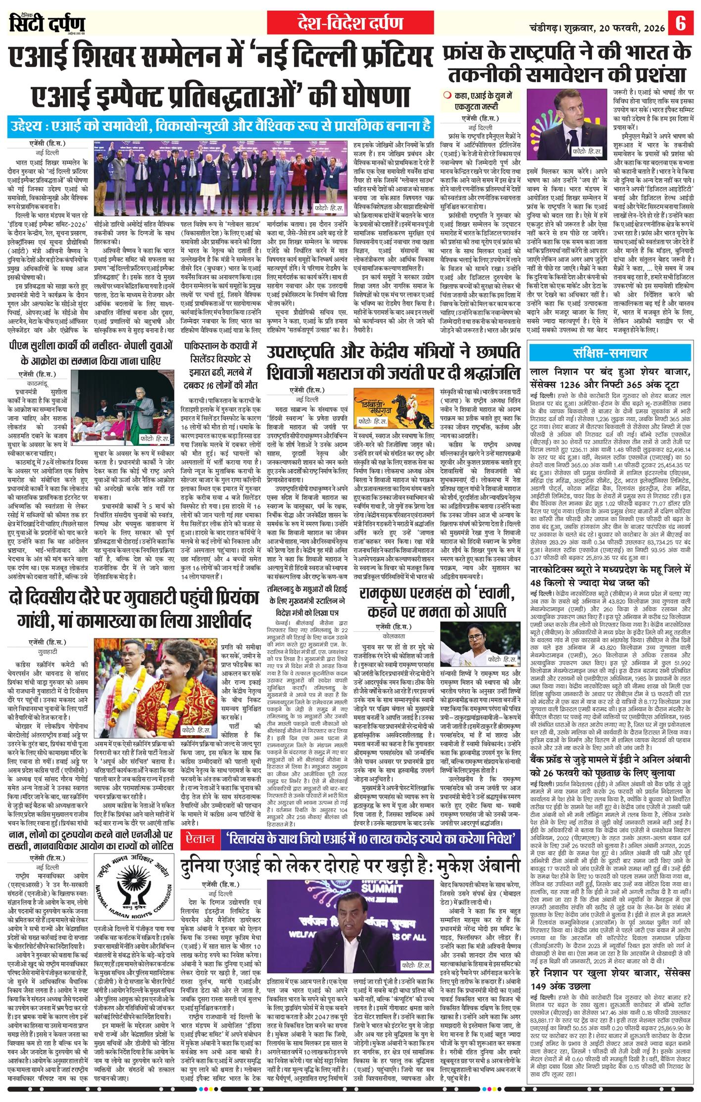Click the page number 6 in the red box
point(681,24)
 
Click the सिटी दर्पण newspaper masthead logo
point(48,24)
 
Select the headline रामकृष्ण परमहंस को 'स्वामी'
point(439,602)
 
